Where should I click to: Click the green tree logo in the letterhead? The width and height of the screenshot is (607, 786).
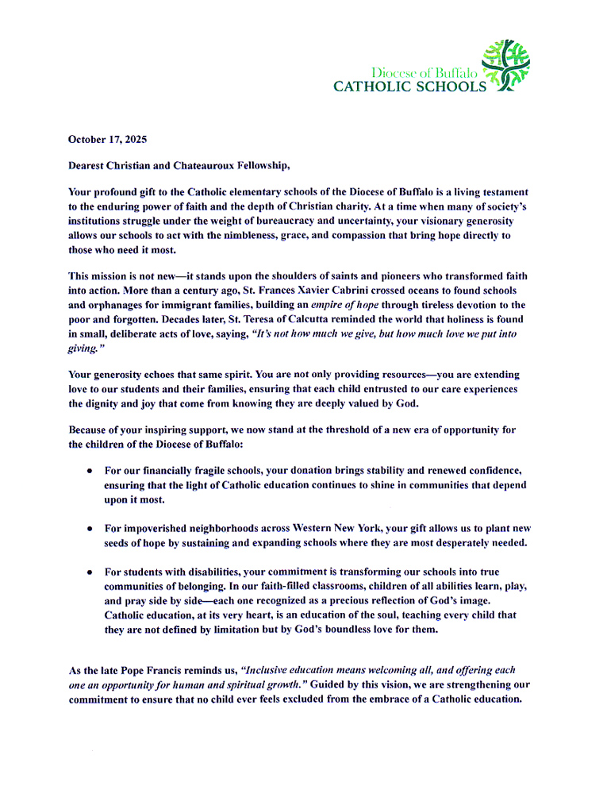pyautogui.click(x=507, y=65)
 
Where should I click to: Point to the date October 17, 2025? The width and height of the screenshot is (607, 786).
pyautogui.click(x=107, y=139)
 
